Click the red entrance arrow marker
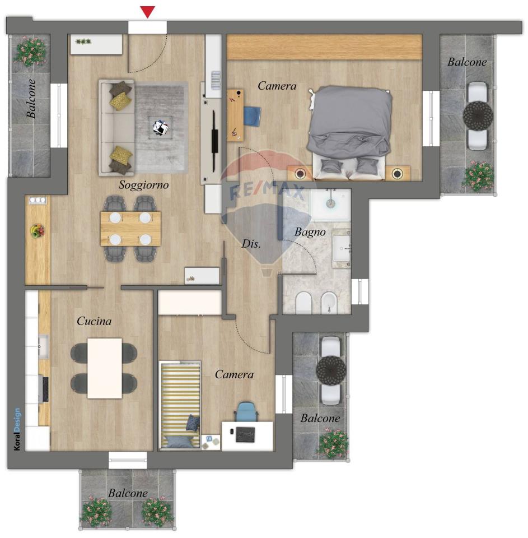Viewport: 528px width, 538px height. tap(147, 12)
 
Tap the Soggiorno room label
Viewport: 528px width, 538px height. tap(144, 185)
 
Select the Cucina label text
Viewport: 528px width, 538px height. tap(94, 321)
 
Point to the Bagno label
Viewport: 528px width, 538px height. tap(310, 232)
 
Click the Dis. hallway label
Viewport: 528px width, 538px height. tap(251, 244)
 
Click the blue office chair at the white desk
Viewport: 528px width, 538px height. tap(246, 411)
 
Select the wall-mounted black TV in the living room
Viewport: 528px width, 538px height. tap(214, 141)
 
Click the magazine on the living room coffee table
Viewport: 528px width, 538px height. tap(161, 127)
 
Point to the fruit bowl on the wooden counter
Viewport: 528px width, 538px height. tap(37, 230)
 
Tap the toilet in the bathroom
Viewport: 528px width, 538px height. tap(303, 303)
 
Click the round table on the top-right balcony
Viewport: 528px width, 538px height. tap(478, 115)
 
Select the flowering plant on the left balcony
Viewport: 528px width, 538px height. tap(30, 52)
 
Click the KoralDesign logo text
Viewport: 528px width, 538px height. tap(17, 429)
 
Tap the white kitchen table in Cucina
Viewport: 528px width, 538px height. tap(105, 369)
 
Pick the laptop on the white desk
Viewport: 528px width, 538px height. tap(245, 435)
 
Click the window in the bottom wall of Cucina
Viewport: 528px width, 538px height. tap(128, 460)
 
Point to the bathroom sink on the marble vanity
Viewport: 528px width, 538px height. tap(341, 247)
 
